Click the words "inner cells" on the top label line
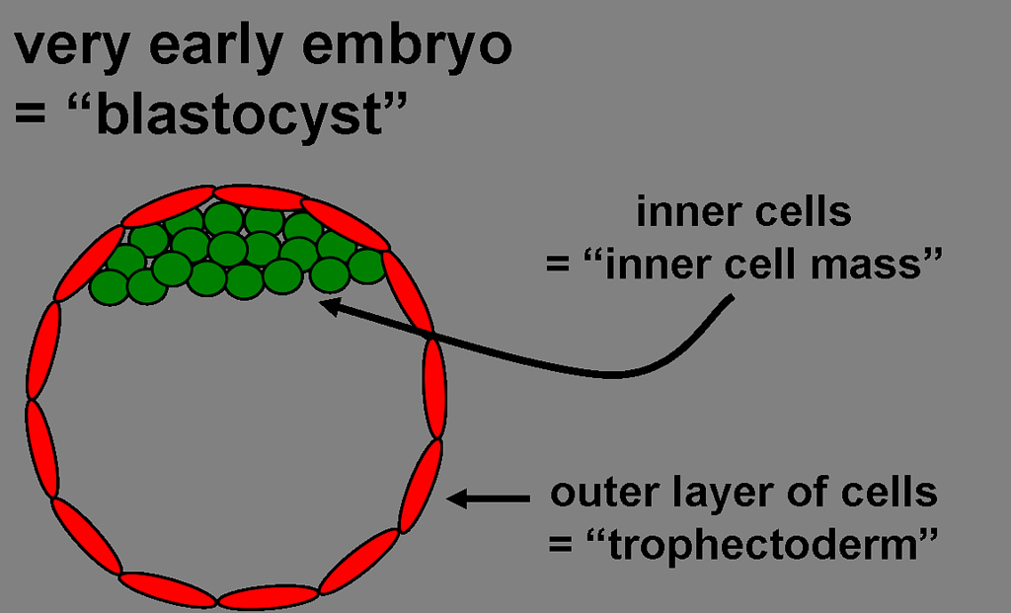743,212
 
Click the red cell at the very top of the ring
259,195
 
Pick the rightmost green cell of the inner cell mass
366,265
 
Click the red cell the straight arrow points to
420,486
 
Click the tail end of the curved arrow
732,299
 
